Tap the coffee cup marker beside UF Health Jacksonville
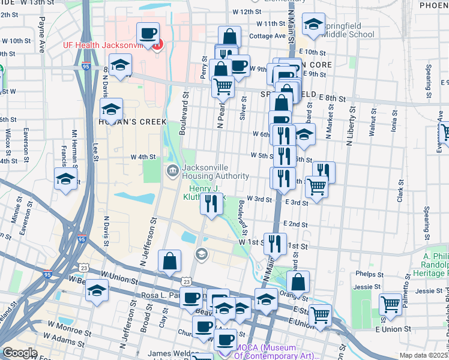point(148,33)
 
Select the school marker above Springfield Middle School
point(313,25)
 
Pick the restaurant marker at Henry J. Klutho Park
point(211,203)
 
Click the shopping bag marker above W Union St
point(170,260)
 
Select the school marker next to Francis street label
point(66,178)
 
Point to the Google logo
point(19,353)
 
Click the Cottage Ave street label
point(268,36)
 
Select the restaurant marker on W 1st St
point(275,243)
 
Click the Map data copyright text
point(424,356)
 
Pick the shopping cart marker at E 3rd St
point(316,186)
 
